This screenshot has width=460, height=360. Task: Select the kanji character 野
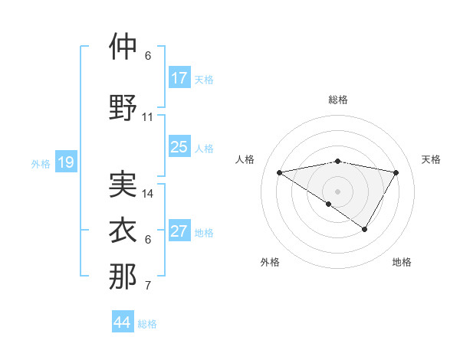123,107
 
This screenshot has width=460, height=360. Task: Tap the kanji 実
123,184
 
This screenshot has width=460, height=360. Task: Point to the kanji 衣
123,231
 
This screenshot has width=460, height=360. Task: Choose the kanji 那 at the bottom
123,277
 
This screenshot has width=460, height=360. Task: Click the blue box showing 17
179,78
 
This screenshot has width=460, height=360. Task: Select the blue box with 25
179,147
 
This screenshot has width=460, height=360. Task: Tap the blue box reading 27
179,231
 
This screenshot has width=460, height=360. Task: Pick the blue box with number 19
66,162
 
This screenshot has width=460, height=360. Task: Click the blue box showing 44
123,322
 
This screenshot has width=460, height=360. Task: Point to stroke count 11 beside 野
148,117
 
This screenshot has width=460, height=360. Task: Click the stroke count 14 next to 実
148,194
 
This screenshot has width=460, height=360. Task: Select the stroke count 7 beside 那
148,286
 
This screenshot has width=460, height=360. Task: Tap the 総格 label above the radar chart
337,100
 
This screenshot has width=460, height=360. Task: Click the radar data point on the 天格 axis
396,172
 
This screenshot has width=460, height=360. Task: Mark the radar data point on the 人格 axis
279,172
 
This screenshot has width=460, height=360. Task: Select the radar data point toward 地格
365,229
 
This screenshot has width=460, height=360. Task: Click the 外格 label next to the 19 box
41,163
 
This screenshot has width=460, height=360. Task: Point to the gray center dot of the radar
337,191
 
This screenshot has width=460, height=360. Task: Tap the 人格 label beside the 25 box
204,148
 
